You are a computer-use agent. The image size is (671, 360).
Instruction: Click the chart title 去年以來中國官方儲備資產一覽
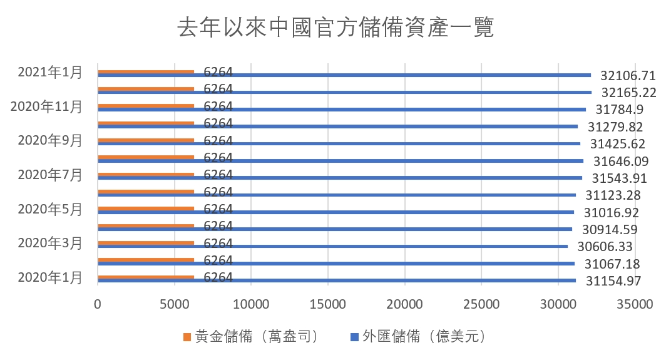335,28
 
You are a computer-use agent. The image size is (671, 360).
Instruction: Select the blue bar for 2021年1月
344,76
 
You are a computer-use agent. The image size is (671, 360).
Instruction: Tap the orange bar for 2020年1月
146,276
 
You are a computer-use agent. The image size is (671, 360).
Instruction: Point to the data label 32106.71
628,76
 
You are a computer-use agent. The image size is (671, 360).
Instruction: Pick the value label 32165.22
628,93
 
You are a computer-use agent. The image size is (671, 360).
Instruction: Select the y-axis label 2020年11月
46,106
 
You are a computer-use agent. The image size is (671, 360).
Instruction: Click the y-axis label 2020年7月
50,175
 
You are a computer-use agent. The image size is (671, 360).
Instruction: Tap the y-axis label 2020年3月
50,243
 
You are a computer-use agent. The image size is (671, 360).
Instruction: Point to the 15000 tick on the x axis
328,305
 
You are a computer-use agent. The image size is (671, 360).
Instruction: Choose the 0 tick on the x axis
98,305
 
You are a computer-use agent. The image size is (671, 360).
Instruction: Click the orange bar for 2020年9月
146,140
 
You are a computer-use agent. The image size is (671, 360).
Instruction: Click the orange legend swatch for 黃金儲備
187,337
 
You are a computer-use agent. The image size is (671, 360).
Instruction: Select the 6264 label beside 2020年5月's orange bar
218,208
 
